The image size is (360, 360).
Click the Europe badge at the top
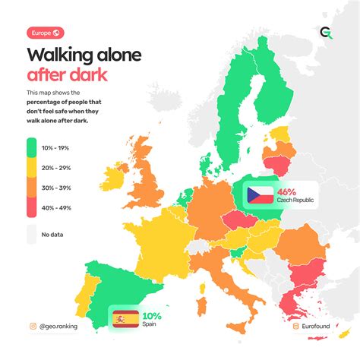46,33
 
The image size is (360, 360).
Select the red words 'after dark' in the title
67,74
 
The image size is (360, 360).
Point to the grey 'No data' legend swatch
31,235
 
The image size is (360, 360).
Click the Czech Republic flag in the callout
258,195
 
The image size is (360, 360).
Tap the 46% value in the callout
286,191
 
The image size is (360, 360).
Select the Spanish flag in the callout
125,319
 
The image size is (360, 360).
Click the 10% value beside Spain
151,315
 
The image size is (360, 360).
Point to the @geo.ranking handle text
69,327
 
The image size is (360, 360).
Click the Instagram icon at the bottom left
33,327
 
